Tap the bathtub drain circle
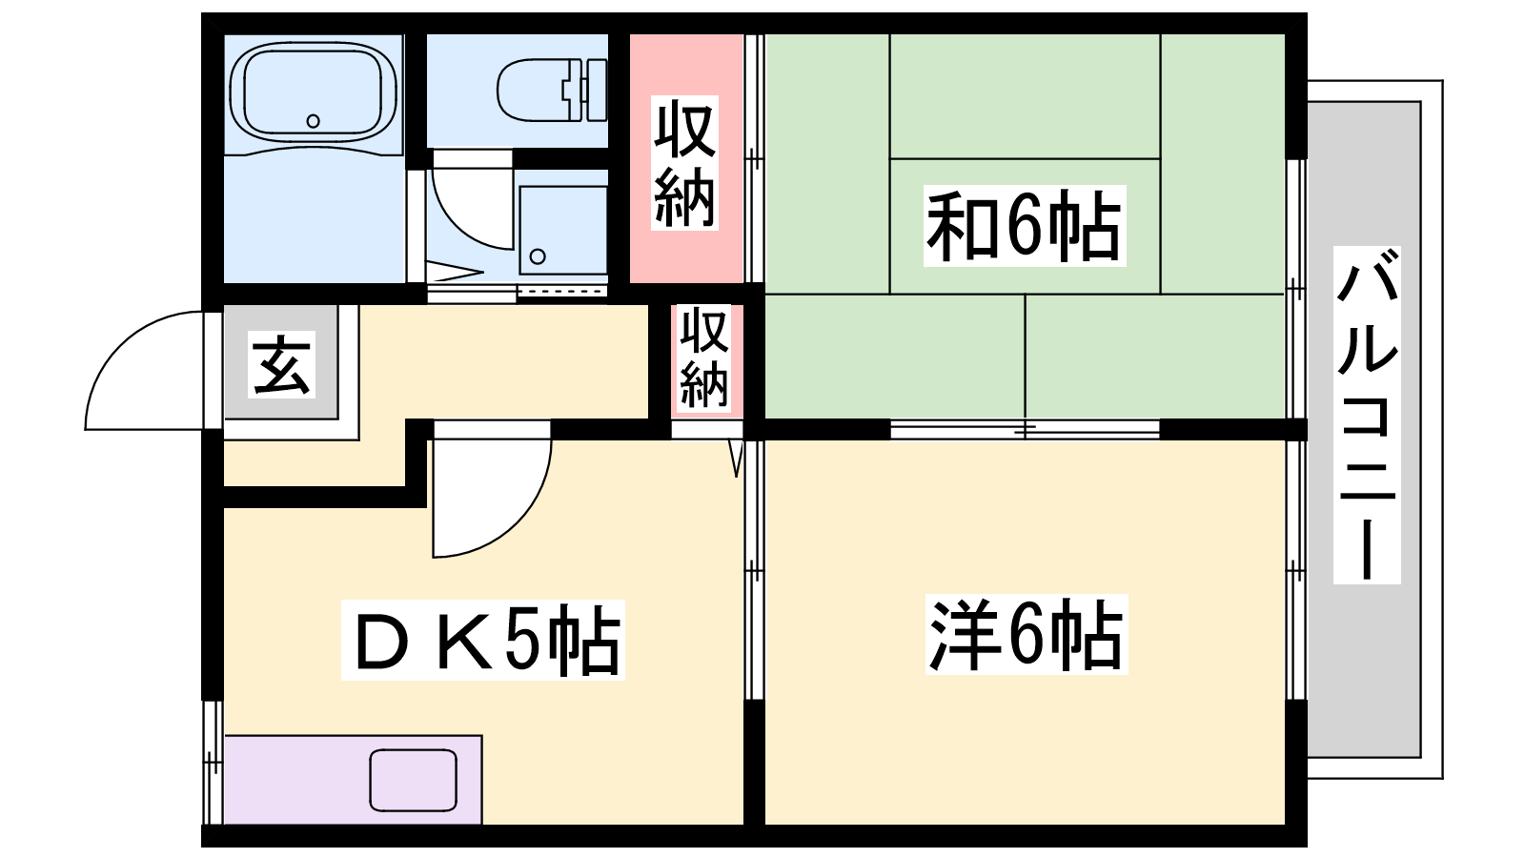(314, 121)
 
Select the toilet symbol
(552, 90)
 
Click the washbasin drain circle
(538, 256)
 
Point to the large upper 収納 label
(684, 163)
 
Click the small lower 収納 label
(704, 358)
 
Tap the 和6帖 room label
(1024, 225)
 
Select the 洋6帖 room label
(1026, 634)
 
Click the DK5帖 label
(482, 640)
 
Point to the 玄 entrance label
(281, 364)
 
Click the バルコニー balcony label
(1367, 415)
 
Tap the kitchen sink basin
(414, 781)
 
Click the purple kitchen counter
(353, 780)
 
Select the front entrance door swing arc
(119, 346)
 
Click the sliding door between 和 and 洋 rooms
(1025, 429)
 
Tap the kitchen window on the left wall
(213, 763)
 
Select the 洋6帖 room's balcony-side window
(1295, 570)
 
